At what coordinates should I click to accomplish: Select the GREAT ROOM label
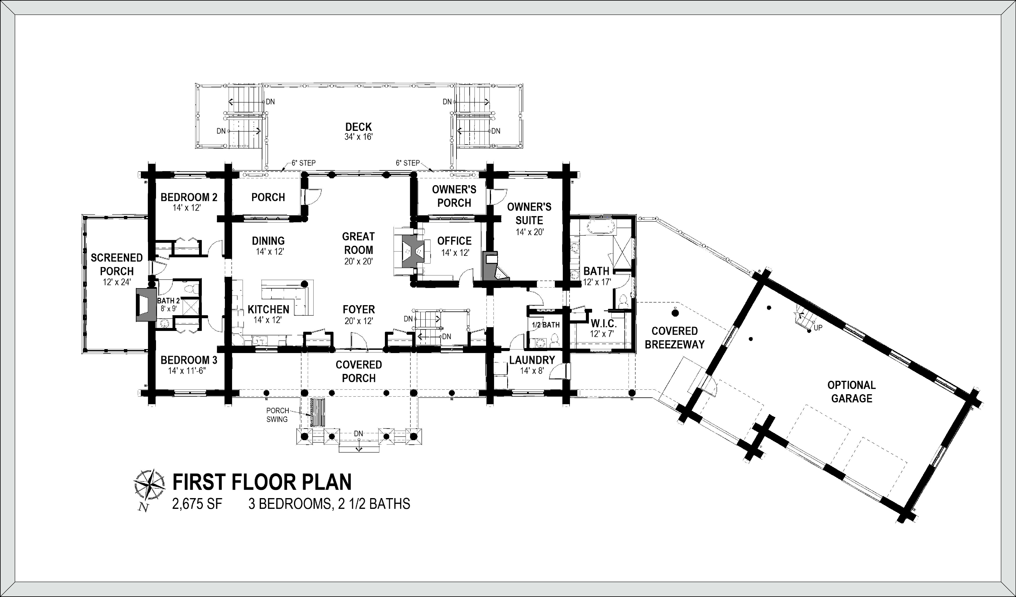[x=358, y=243]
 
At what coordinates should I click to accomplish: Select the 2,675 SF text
[x=197, y=504]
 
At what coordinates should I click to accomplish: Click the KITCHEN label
[x=269, y=309]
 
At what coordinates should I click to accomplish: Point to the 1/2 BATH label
[x=545, y=325]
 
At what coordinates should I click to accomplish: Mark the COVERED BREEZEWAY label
[x=675, y=338]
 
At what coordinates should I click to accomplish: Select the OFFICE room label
[x=454, y=241]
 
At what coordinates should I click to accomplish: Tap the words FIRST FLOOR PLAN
[x=262, y=482]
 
